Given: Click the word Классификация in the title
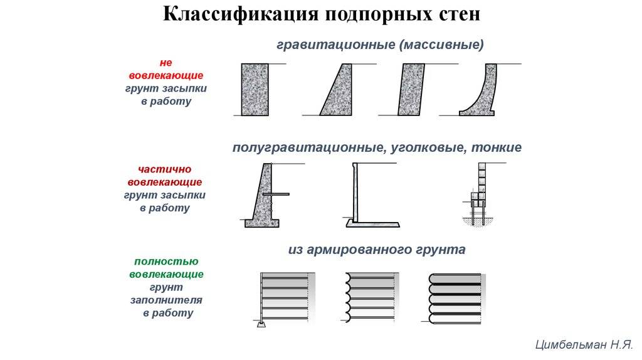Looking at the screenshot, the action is (241, 14).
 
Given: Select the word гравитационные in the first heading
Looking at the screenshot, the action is (336, 45).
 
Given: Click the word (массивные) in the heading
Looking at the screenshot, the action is (441, 45).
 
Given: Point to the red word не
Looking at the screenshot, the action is (166, 63).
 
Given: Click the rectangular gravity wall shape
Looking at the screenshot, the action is (255, 89).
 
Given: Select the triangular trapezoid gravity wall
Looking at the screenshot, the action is (338, 89).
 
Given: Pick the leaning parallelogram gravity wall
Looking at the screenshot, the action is (411, 89).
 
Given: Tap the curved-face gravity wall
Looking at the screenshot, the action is (483, 98).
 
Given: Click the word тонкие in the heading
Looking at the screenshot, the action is (497, 147).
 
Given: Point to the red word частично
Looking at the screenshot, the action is (165, 169).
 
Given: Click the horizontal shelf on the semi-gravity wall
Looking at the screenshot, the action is (276, 194).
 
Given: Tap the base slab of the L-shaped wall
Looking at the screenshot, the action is (372, 224).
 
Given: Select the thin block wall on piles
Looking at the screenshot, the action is (478, 193).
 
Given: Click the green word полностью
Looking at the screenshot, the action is (166, 262).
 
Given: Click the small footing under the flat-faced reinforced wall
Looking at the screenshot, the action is (261, 324).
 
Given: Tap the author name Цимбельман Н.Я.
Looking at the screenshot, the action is (584, 344).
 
